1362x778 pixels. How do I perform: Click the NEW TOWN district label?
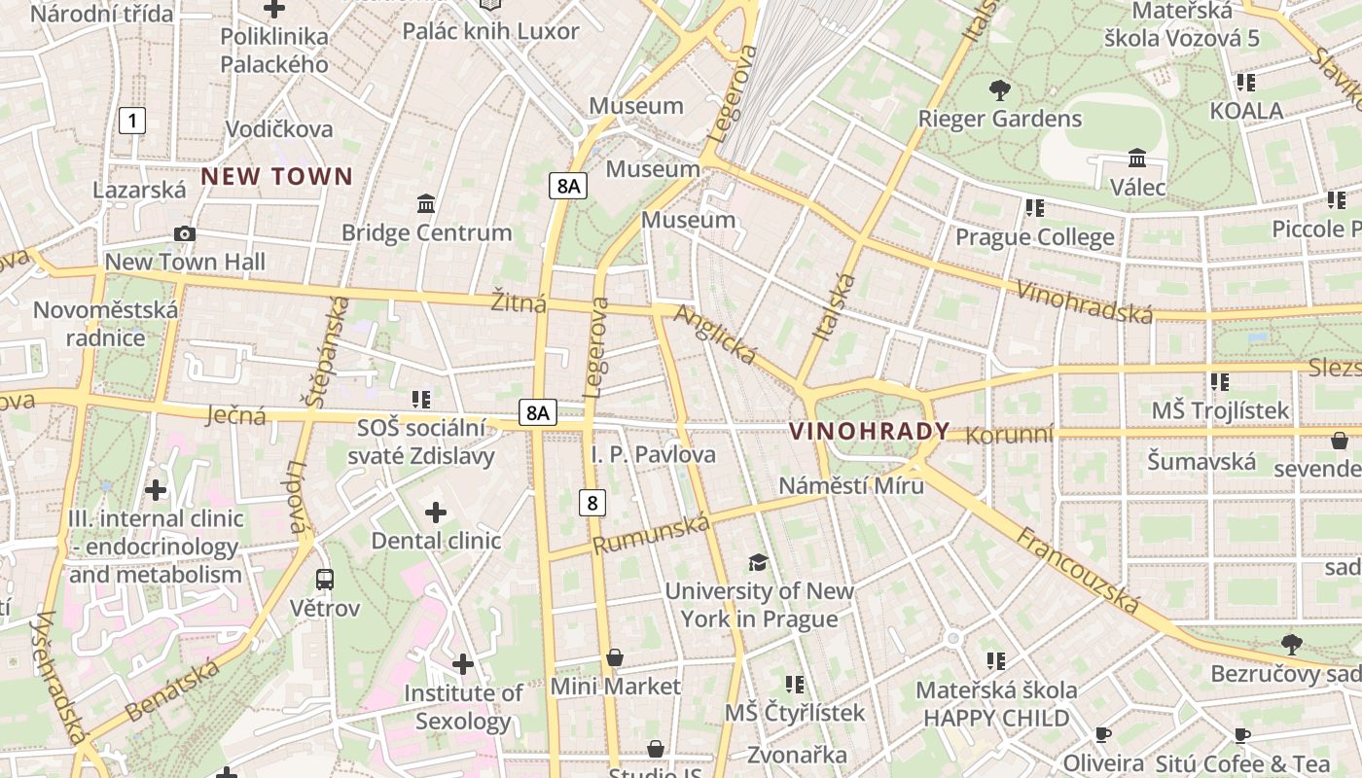276,177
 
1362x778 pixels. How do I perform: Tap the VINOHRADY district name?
869,431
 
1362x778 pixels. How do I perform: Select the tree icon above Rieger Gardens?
999,90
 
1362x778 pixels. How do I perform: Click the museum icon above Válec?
1136,158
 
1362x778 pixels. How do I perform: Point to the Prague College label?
1034,237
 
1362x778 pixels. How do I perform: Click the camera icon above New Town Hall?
184,233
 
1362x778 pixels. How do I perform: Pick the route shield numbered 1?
132,121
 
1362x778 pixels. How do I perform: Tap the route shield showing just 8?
591,503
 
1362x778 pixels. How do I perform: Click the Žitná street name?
519,303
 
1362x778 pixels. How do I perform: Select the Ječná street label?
236,416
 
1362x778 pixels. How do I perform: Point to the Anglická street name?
715,335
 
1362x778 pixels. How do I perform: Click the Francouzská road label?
1078,570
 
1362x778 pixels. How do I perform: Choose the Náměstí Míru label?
851,485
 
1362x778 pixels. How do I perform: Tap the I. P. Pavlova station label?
653,454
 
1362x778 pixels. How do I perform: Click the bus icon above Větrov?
325,580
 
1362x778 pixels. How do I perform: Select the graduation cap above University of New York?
758,562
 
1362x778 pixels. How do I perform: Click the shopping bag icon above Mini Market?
615,658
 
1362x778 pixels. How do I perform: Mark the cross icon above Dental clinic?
436,512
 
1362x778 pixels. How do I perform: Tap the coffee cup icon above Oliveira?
1102,734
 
